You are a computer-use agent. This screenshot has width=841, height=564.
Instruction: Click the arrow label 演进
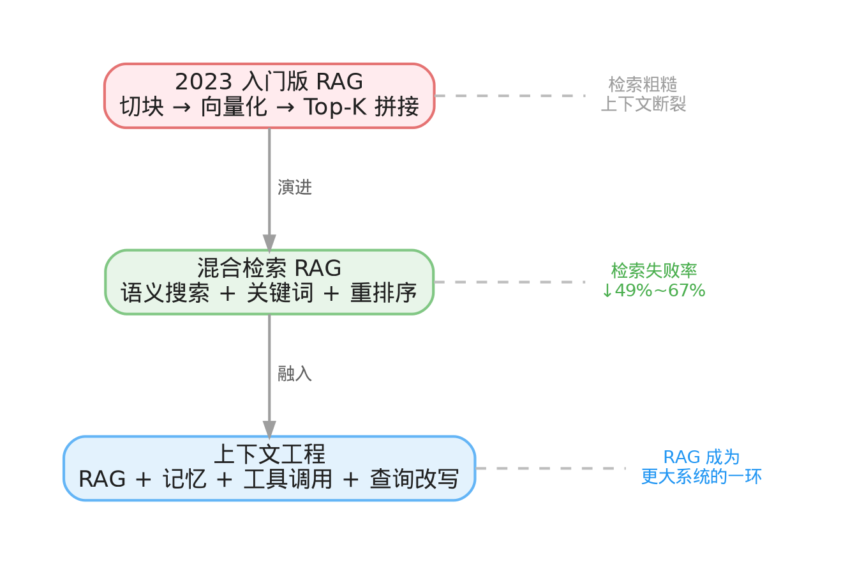coord(294,188)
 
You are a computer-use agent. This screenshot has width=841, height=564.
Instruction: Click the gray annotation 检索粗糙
coord(643,84)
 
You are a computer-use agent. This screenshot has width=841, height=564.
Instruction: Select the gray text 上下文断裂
coord(643,104)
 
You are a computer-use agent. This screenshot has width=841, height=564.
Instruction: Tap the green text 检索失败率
coord(653,271)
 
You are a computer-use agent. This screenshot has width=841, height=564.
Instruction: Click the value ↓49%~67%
coord(653,291)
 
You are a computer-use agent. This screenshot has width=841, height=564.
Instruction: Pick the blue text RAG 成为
coord(701,457)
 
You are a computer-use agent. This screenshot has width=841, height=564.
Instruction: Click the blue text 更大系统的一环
coord(701,477)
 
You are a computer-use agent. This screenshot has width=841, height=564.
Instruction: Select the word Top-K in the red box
coord(334,107)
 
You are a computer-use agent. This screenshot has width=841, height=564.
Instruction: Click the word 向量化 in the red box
coord(234,107)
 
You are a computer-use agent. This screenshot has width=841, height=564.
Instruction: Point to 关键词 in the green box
coord(280,294)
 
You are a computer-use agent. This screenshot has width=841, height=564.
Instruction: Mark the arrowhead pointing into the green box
coord(269,243)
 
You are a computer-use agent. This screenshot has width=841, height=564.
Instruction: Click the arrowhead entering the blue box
coord(269,429)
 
